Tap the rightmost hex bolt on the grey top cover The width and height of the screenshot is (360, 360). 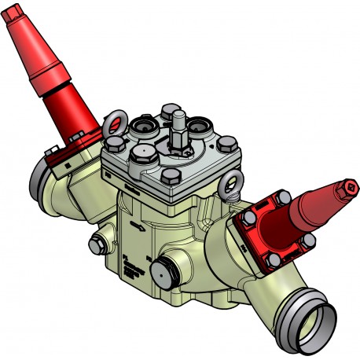click(228, 144)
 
